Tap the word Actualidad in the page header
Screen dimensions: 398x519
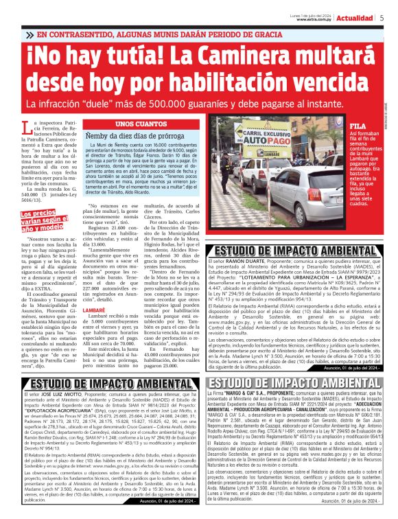[x=354, y=16]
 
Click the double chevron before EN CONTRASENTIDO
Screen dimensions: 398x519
[x=30, y=34]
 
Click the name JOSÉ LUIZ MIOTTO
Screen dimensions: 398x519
[x=65, y=396]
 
